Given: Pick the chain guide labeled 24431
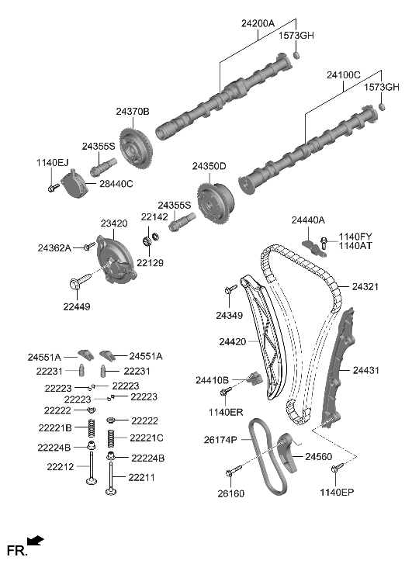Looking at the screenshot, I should click(x=341, y=365).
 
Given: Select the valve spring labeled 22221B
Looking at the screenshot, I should click(x=92, y=427).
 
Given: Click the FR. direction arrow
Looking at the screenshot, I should click(x=35, y=541).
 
